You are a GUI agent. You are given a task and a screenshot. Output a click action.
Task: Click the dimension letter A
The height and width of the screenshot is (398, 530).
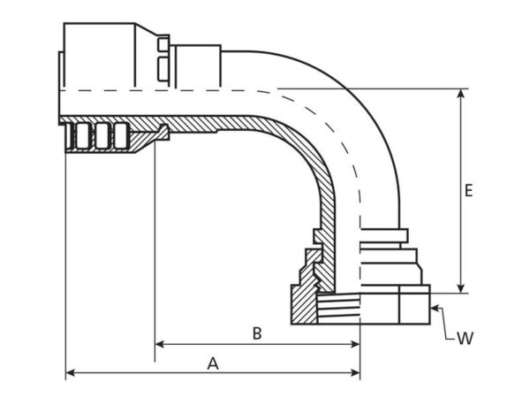coord(213,364)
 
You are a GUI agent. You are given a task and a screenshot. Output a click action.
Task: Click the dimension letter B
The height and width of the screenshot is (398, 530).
coord(257,333)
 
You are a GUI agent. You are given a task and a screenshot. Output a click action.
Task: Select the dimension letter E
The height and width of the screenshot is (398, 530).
coord(468,190)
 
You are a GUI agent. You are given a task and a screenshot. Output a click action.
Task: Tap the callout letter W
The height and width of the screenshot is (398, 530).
coord(466,338)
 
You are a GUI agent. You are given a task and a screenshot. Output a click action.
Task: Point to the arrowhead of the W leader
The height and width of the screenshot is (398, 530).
coord(435,308)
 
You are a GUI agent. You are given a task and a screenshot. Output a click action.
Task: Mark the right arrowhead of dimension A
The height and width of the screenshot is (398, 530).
coord(355,373)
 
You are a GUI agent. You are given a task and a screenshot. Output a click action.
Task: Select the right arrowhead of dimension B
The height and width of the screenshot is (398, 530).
coord(355,345)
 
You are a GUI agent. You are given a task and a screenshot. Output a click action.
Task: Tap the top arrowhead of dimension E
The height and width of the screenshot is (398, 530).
coord(460,94)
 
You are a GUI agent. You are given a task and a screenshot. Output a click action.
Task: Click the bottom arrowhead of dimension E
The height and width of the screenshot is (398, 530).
coord(460,288)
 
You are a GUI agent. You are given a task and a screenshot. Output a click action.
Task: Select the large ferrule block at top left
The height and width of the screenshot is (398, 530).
coord(99,55)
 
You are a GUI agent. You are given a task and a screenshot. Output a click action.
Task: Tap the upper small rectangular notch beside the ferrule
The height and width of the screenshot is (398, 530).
coord(163,45)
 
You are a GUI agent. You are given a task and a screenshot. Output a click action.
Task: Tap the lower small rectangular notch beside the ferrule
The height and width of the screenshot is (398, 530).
coord(163,69)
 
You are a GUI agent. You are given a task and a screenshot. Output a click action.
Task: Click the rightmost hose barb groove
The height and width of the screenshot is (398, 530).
coord(121,136)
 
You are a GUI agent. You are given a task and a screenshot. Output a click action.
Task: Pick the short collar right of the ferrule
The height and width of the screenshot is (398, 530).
coord(199,66)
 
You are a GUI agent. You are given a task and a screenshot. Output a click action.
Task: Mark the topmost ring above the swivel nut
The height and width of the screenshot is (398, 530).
coord(384,235)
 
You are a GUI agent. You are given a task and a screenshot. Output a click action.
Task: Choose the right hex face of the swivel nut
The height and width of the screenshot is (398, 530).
coord(415,304)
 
